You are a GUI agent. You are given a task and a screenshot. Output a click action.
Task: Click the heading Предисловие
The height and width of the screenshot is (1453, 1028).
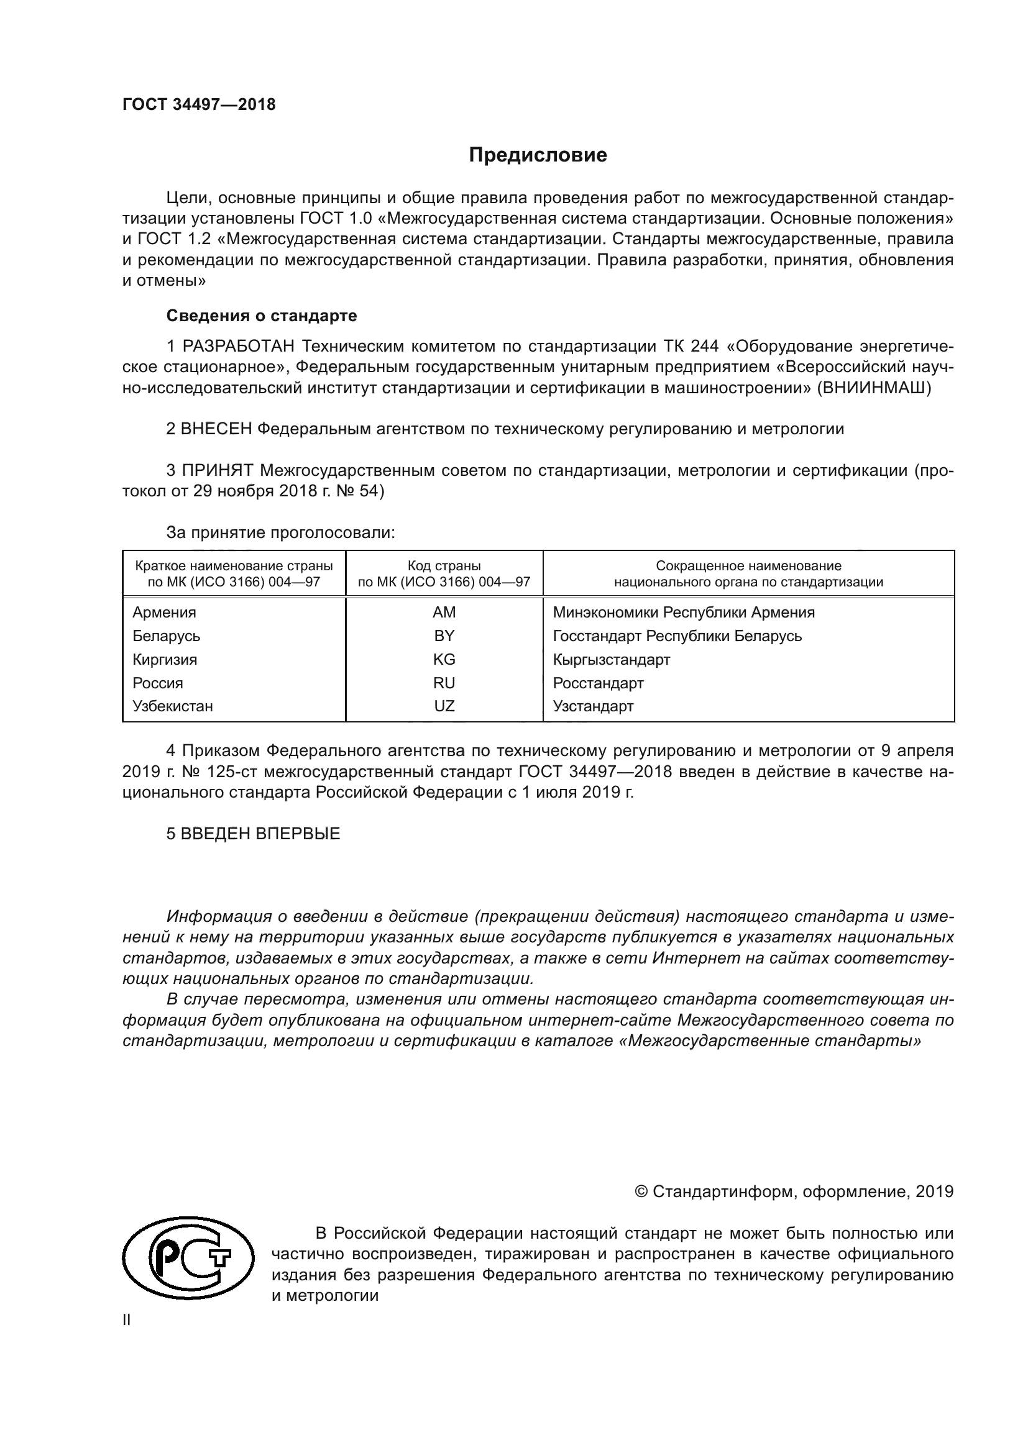click(538, 155)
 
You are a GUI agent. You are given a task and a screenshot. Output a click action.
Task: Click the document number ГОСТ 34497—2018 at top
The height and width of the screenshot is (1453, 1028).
click(199, 105)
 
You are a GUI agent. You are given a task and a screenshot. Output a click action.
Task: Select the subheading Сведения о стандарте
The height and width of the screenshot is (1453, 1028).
click(262, 315)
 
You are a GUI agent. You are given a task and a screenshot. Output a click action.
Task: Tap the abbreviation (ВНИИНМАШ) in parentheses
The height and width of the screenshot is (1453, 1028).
click(873, 388)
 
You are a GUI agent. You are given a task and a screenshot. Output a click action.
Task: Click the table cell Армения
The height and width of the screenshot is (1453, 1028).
click(164, 612)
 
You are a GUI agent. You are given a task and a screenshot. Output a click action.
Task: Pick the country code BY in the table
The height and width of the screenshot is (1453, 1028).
click(444, 635)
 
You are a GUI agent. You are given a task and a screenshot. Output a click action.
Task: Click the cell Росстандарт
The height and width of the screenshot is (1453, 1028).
click(597, 683)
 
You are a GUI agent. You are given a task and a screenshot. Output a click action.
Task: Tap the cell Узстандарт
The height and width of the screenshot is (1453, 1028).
click(592, 706)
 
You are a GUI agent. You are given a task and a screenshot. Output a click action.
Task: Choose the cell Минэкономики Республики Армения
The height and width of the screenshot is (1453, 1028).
click(683, 612)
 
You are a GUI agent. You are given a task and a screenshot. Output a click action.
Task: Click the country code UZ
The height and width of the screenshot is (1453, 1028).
click(444, 706)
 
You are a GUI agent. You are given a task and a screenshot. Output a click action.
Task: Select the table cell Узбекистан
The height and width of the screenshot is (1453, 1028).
click(172, 706)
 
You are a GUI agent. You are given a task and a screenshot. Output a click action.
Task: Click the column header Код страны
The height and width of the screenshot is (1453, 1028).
click(444, 566)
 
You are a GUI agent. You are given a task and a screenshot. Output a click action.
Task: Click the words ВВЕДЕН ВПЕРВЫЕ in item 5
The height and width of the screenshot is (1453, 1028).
click(260, 834)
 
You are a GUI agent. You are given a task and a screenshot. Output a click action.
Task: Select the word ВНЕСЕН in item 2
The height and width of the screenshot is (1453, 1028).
click(216, 429)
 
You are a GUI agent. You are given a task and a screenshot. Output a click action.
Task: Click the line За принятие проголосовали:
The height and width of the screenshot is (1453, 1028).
click(280, 532)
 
